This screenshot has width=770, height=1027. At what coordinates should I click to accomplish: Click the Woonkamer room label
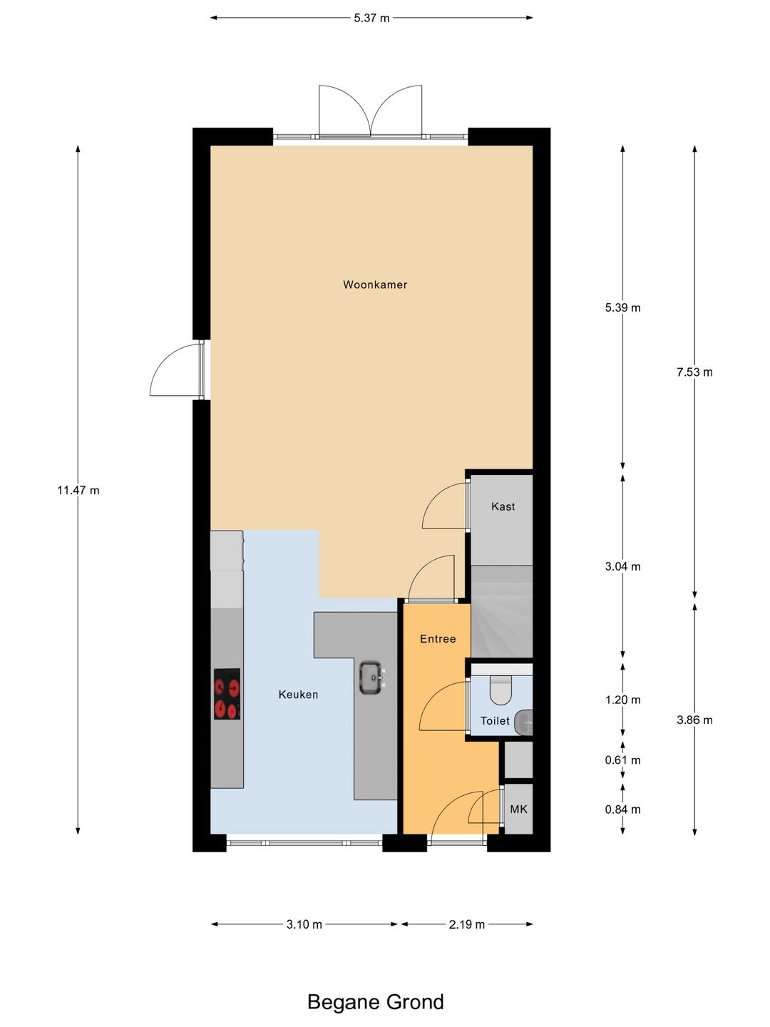click(375, 285)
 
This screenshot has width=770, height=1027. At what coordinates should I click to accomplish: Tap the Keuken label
click(298, 695)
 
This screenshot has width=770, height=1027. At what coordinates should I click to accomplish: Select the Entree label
click(438, 638)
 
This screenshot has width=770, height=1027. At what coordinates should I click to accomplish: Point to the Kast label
click(503, 506)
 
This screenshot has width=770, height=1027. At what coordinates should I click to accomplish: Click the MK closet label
click(518, 809)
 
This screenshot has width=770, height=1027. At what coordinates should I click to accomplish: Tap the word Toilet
click(495, 720)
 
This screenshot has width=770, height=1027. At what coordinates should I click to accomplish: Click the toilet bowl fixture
click(501, 690)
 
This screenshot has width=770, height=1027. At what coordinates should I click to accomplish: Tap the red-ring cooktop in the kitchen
click(227, 694)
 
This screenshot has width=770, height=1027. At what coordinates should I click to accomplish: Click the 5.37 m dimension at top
click(371, 19)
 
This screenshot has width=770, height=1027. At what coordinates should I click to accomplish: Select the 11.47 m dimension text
click(78, 491)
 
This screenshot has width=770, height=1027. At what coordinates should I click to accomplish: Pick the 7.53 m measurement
click(694, 372)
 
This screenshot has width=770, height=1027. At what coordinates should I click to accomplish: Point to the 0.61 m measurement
click(622, 760)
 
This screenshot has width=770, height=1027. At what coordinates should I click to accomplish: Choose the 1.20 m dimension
click(622, 700)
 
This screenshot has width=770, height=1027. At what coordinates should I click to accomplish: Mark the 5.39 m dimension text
click(622, 307)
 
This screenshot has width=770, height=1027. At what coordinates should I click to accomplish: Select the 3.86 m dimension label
click(694, 720)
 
